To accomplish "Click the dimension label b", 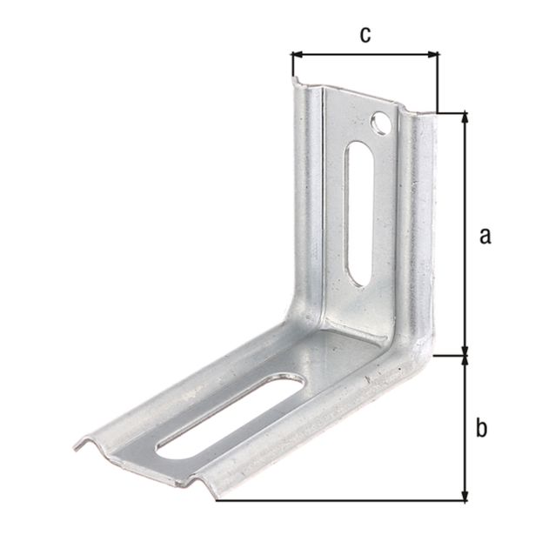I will click(x=482, y=428).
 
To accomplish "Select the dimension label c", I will click(x=365, y=35).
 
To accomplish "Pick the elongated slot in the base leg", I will click(x=230, y=412).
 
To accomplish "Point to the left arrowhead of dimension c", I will click(x=297, y=55).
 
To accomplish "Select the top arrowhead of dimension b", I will click(x=464, y=361).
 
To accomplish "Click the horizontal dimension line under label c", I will click(x=365, y=55).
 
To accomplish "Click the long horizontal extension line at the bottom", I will click(x=339, y=501).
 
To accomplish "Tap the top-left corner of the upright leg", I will click(x=296, y=83).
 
